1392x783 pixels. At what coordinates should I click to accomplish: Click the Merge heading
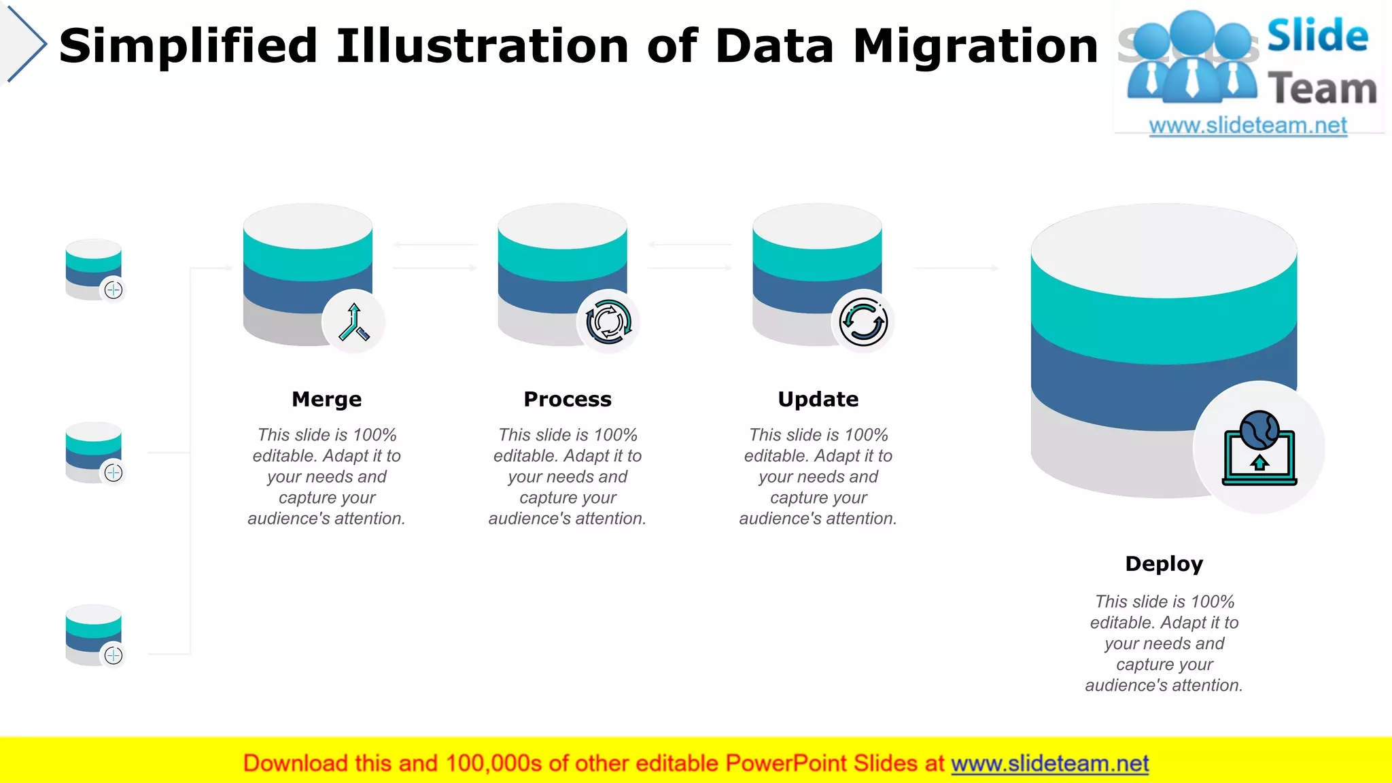click(x=326, y=399)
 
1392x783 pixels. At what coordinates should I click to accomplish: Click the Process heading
click(x=568, y=399)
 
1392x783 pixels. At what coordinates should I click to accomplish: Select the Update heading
click(x=818, y=399)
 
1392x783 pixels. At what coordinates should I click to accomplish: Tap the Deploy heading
click(x=1164, y=563)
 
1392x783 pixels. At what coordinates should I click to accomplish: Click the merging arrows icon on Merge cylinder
click(x=353, y=322)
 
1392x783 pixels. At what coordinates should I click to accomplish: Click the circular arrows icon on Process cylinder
click(x=608, y=322)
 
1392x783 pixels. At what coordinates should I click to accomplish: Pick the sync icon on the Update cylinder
click(x=863, y=322)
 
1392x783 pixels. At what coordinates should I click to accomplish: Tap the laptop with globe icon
click(x=1259, y=448)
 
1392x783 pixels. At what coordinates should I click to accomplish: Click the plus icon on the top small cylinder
click(x=114, y=290)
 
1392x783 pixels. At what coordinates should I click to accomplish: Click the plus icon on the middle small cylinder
click(x=114, y=472)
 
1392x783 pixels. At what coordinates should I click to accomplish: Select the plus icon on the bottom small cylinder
click(x=114, y=655)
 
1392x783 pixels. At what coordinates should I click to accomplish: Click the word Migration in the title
click(x=975, y=46)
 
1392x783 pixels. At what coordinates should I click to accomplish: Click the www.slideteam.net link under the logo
click(x=1247, y=126)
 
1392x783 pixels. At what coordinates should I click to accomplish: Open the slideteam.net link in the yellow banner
click(x=1049, y=764)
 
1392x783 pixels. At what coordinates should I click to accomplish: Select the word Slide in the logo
click(x=1317, y=35)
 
